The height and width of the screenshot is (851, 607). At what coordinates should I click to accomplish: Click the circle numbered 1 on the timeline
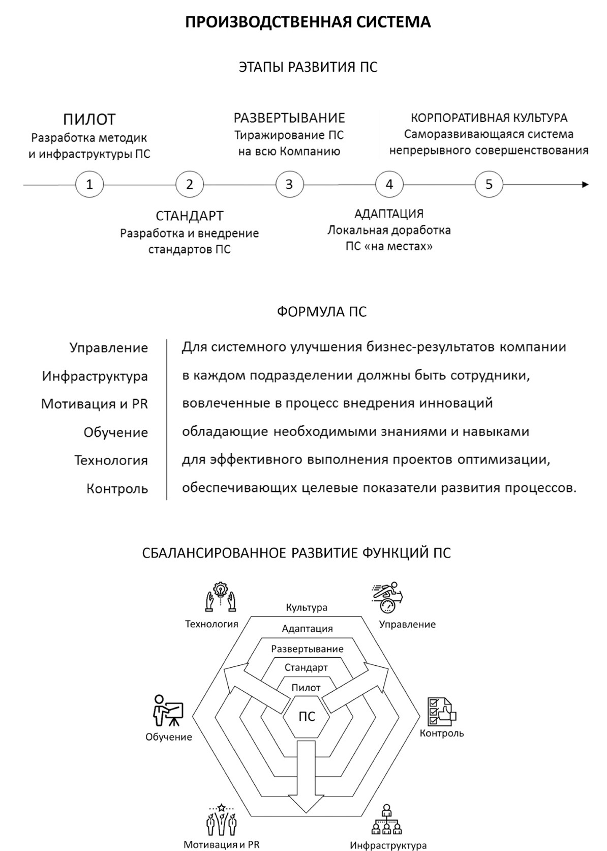pos(89,184)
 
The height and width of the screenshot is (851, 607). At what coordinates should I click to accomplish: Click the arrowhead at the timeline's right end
pos(585,184)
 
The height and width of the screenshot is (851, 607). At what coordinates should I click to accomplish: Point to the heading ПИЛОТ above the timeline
pos(89,120)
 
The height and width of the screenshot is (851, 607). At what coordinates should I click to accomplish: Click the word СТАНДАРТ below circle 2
pos(190,216)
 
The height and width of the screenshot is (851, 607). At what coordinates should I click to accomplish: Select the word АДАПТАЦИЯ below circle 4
pos(389,214)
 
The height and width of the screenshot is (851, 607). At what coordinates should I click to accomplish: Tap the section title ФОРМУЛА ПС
pos(322,311)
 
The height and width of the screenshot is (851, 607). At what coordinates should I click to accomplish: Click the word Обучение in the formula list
pos(116,432)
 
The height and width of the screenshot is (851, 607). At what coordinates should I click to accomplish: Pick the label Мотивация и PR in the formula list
pos(95,404)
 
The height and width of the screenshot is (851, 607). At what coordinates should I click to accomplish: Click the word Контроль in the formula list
pos(117,489)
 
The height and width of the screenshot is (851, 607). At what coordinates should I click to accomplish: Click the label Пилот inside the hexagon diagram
pos(306,688)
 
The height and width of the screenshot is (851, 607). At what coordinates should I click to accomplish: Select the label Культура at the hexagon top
pos(307,607)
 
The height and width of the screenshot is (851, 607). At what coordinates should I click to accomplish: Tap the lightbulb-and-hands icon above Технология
pos(221,597)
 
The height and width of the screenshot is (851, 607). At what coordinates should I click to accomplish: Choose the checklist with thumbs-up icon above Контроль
pos(441,711)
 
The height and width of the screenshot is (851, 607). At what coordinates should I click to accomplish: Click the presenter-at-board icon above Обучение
pos(167,710)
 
